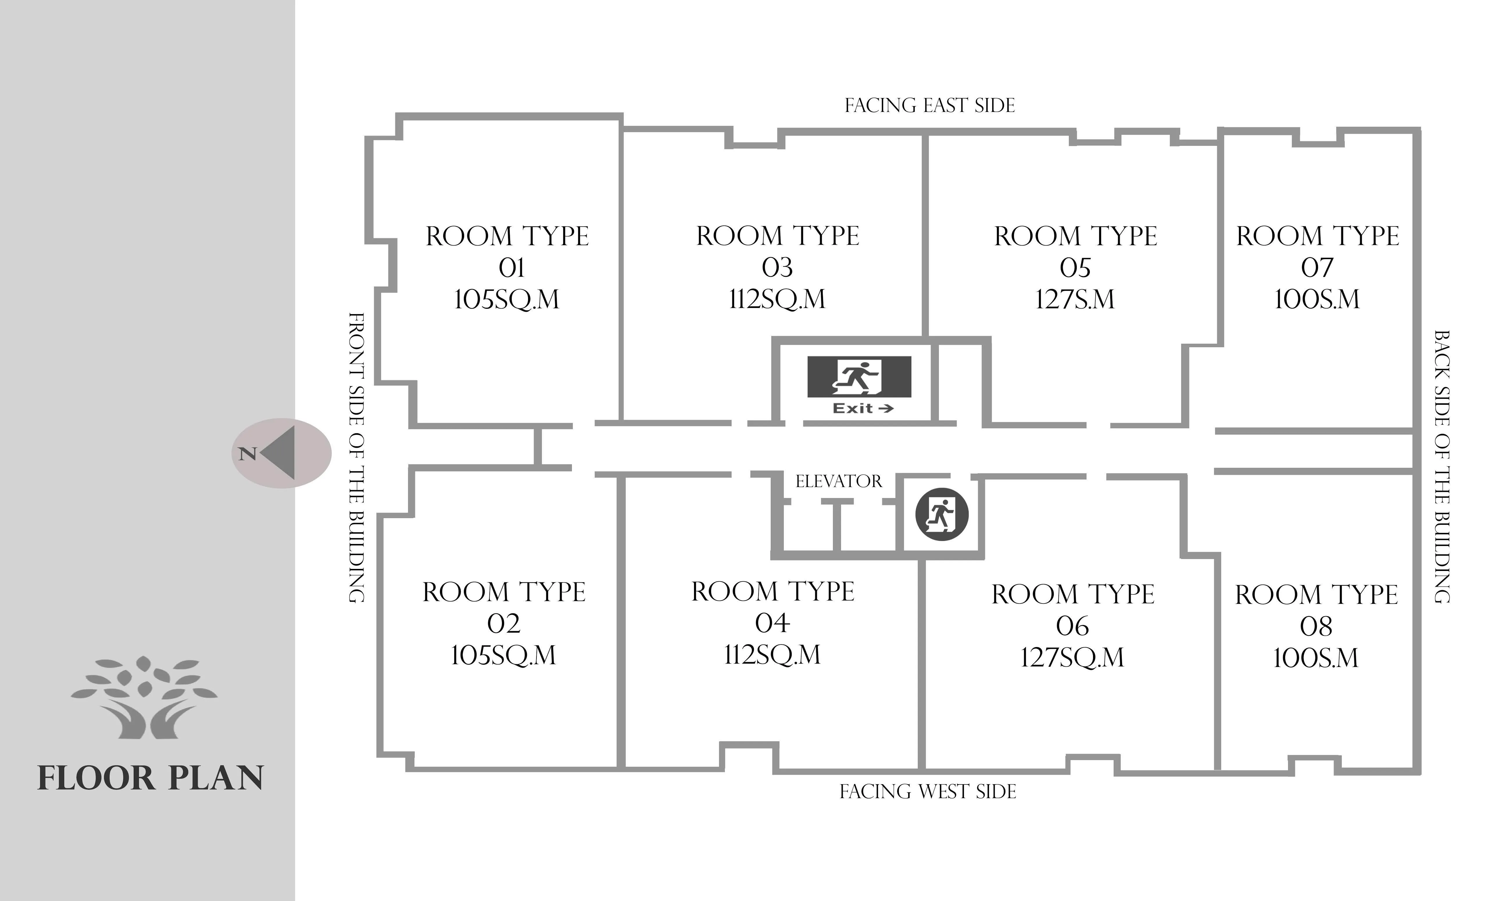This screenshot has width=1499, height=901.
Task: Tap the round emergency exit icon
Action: coord(942,514)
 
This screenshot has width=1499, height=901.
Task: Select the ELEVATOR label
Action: coord(838,481)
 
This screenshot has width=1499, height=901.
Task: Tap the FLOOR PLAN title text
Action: coord(151,778)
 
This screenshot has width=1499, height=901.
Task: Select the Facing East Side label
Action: coord(929,106)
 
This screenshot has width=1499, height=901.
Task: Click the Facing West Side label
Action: coord(928,792)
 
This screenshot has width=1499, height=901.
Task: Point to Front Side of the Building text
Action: coord(356,458)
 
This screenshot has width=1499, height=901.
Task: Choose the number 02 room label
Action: coord(504,624)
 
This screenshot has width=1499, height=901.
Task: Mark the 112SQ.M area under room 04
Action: coord(772,655)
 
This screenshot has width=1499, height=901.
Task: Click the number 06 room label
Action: coord(1073,626)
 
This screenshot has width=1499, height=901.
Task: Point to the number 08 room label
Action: coord(1316,626)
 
